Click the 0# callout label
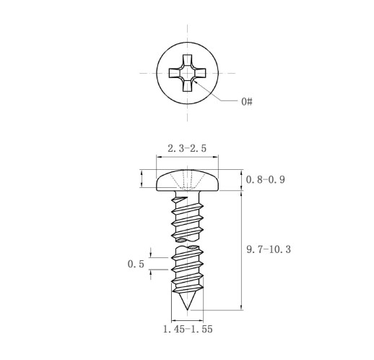247,101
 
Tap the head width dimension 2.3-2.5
187,148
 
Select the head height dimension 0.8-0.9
266,179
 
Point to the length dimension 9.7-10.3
269,249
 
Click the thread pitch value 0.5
136,264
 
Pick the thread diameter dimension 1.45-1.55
188,329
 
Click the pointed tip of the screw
187,309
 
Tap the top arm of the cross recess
187,60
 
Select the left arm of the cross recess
175,73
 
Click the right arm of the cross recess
200,73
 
